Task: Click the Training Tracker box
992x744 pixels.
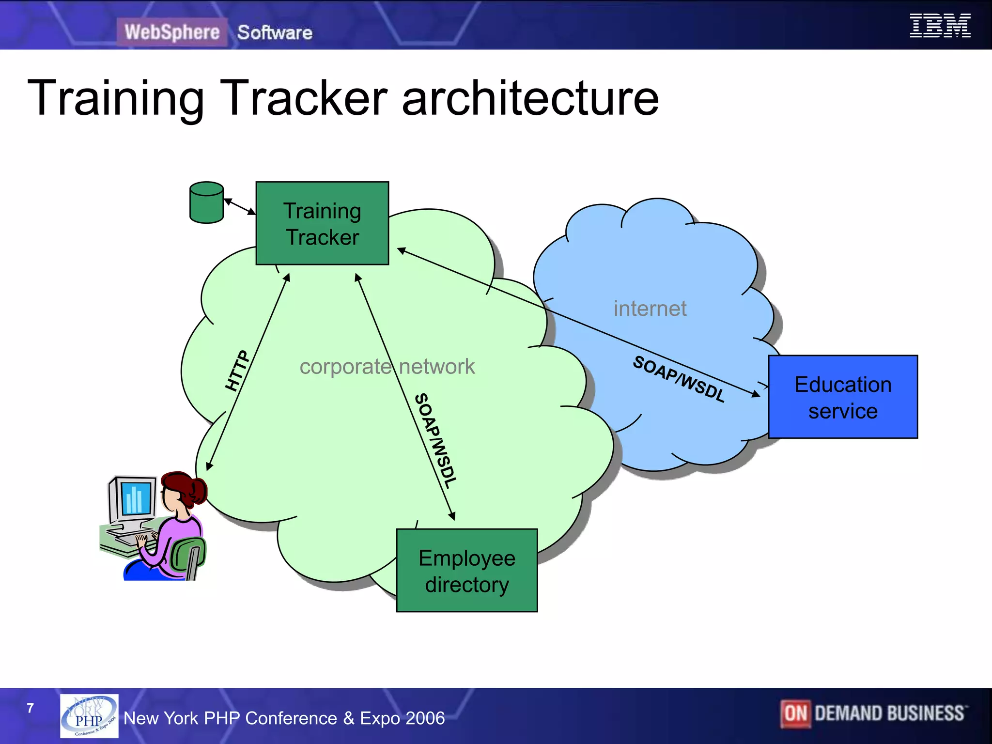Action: (x=322, y=223)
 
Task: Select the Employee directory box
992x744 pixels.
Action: (x=466, y=571)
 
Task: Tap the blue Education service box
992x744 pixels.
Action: (x=843, y=397)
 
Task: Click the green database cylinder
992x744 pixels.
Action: (x=207, y=202)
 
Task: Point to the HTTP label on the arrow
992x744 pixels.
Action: (x=237, y=371)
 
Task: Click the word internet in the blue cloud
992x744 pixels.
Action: (x=650, y=309)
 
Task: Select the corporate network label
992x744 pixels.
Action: (x=387, y=367)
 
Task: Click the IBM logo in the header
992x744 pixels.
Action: (x=939, y=26)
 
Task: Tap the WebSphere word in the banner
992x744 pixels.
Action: (x=172, y=32)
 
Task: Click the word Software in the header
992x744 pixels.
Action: (x=275, y=32)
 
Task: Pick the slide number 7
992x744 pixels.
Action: (x=30, y=708)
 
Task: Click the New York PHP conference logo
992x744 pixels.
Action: (x=89, y=716)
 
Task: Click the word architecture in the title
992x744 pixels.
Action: (x=530, y=98)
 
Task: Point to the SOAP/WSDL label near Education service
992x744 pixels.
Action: (x=679, y=379)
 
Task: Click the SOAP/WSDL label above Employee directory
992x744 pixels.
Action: (x=435, y=440)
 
